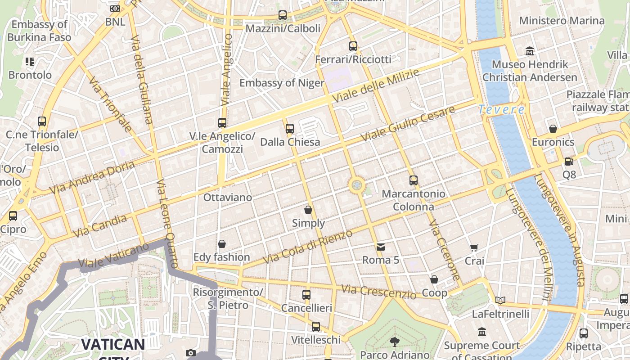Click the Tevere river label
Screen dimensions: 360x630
coord(501,109)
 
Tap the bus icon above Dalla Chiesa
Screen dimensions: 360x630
coord(290,129)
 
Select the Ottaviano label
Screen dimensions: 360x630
coord(228,198)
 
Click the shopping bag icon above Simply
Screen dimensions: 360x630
coord(308,210)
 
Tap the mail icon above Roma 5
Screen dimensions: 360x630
coord(381,247)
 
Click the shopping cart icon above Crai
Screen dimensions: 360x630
coord(474,247)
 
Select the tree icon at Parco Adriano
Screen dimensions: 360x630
coord(394,342)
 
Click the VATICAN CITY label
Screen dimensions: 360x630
coord(113,346)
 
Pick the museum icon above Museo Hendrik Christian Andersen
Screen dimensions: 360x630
coord(530,51)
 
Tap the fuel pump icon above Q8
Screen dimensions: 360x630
coord(569,161)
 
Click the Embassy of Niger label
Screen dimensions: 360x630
coord(282,83)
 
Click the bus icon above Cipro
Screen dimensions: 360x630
coord(13,216)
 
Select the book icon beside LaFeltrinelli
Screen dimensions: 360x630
coord(500,300)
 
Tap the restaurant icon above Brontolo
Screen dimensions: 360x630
coord(30,61)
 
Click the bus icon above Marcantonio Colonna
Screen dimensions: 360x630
coord(414,180)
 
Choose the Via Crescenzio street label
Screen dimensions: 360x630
coord(379,292)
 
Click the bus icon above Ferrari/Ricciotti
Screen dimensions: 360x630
coord(353,46)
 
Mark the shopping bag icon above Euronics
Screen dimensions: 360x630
coord(553,129)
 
